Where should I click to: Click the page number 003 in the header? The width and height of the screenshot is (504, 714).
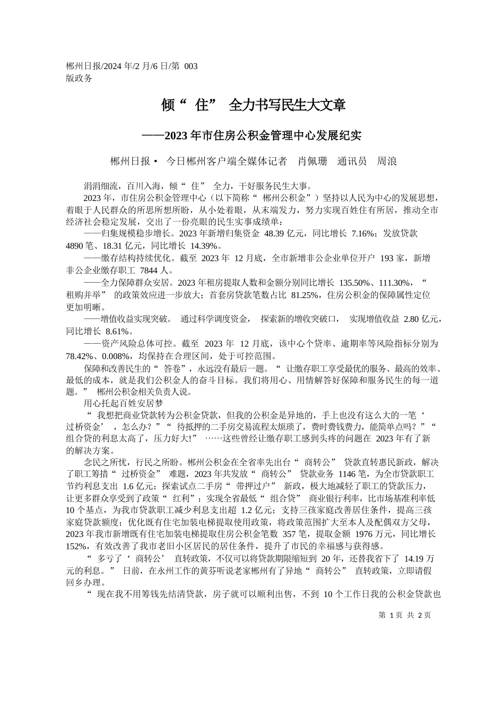[190, 66]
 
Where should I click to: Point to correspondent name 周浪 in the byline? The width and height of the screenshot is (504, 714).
[387, 161]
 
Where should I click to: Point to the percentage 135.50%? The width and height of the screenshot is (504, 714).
[356, 283]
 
